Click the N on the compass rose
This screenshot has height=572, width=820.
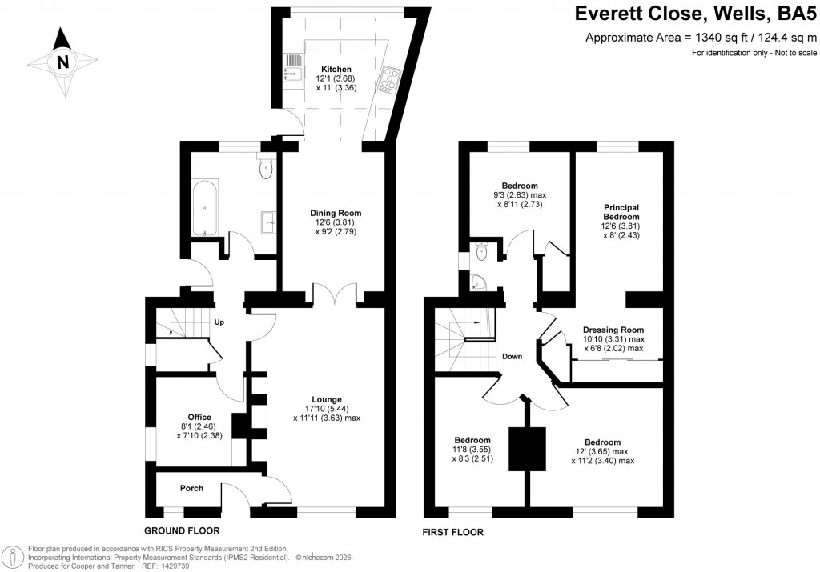62,62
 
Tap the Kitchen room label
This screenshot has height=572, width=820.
336,70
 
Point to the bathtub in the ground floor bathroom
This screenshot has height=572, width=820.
205,208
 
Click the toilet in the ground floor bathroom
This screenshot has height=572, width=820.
266,169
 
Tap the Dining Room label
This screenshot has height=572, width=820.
336,213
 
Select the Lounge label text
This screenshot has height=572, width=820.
327,399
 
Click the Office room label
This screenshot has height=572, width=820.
199,417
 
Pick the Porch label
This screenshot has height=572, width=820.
191,488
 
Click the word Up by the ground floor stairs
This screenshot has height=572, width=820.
219,322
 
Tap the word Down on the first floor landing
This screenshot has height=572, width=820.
512,357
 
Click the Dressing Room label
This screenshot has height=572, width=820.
613,330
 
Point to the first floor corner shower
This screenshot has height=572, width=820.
477,282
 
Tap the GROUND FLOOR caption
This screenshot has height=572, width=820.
182,531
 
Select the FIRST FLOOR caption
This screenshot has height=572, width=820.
452,531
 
